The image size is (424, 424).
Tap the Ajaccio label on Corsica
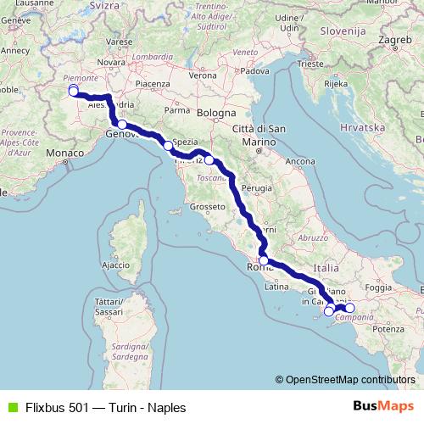[114, 265]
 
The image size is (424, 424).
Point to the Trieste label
[311, 64]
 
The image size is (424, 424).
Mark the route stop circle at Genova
[122, 125]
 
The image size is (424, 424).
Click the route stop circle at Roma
[264, 260]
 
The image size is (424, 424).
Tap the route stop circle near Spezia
[168, 146]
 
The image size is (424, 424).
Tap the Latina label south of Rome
[277, 287]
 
